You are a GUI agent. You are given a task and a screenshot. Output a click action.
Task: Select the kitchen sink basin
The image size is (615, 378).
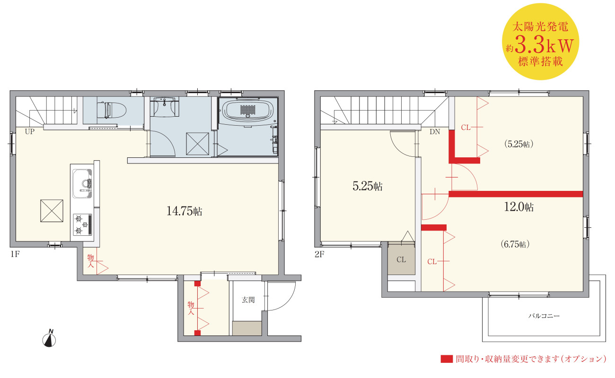[x=82, y=183]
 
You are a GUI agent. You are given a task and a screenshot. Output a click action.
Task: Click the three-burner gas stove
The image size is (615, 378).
[x=82, y=224]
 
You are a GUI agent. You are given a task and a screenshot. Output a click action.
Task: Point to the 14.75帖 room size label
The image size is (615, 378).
[x=184, y=211]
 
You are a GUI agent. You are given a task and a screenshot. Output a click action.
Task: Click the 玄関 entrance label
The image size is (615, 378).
[x=248, y=300]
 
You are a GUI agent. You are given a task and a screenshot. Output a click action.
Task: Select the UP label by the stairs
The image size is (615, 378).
[x=30, y=132]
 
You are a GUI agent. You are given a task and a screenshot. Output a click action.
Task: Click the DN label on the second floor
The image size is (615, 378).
[x=435, y=132]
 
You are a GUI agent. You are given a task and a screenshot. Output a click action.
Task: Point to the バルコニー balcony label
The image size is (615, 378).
[x=544, y=316]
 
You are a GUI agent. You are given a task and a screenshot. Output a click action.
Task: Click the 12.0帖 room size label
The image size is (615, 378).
[x=519, y=207]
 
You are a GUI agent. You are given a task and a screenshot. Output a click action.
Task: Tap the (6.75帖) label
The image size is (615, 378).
[x=515, y=244]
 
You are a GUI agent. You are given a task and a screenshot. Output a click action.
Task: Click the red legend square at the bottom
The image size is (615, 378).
[x=447, y=359]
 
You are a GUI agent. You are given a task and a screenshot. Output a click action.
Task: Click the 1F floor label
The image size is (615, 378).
[x=15, y=254]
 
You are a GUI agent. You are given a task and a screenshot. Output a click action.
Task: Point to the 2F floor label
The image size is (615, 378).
[x=319, y=255]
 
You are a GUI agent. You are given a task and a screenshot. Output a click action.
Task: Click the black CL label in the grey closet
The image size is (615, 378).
[x=401, y=259]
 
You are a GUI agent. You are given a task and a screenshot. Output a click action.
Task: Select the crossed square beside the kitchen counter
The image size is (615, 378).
[x=52, y=211]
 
